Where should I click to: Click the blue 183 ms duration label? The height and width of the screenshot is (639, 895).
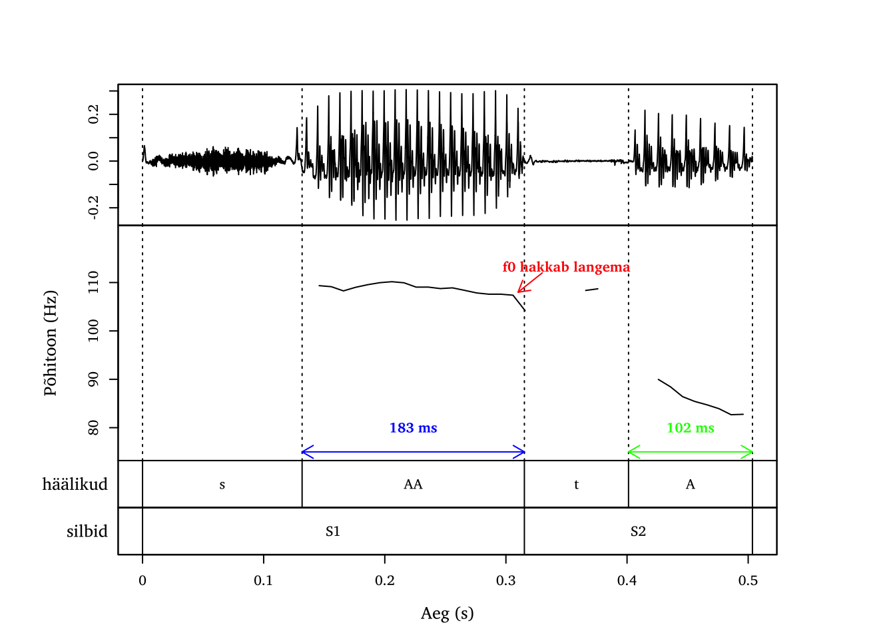tap(413, 428)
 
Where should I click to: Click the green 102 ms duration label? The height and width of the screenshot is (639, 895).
tap(690, 428)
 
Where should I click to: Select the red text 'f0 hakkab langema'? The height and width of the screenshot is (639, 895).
tap(565, 267)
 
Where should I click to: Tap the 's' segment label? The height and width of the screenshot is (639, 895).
tap(222, 485)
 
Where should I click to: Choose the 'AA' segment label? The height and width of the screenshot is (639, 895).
tap(413, 485)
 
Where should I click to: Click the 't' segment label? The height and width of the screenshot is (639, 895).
tap(576, 485)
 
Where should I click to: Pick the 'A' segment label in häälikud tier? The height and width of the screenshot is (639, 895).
tap(690, 485)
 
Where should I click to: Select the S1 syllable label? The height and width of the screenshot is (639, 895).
tap(333, 531)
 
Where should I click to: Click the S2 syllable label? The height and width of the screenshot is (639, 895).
tap(638, 531)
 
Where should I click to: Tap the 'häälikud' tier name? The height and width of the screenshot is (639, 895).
tap(75, 485)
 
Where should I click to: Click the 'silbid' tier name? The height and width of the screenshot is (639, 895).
tap(87, 531)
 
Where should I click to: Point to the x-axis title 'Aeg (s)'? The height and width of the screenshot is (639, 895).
tap(447, 613)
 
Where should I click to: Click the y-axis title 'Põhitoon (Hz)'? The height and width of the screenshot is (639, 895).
tap(51, 343)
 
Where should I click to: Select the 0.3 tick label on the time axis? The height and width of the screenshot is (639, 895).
tap(505, 580)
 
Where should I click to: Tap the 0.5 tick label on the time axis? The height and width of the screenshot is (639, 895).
tap(748, 580)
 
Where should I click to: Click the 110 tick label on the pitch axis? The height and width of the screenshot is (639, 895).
tap(93, 282)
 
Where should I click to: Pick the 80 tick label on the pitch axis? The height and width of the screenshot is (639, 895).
tap(93, 427)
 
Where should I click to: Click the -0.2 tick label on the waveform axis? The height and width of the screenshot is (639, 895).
tap(93, 207)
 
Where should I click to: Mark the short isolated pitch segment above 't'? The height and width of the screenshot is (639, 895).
tap(591, 290)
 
